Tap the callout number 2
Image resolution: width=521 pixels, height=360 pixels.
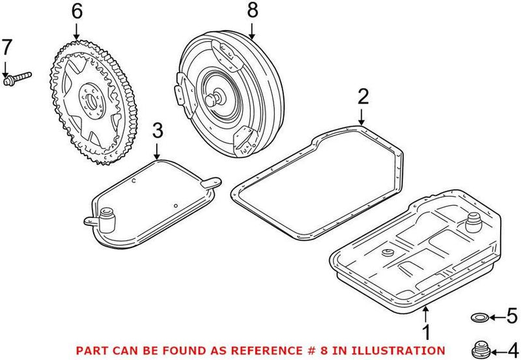[x=363, y=97]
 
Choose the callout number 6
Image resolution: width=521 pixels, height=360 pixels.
[x=76, y=11]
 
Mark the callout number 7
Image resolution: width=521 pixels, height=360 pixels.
[x=7, y=48]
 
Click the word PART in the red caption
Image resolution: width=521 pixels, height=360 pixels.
[x=91, y=350]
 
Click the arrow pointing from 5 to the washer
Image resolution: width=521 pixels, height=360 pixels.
[x=495, y=318]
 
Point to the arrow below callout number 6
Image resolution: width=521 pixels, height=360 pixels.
[x=76, y=30]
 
